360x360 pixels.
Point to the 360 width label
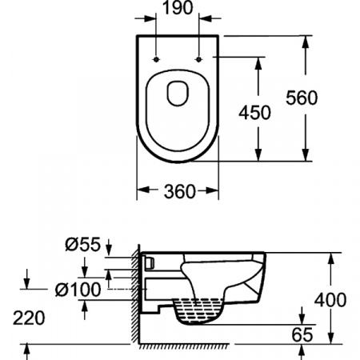click(x=178, y=191)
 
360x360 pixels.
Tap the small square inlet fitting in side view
click(x=150, y=262)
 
